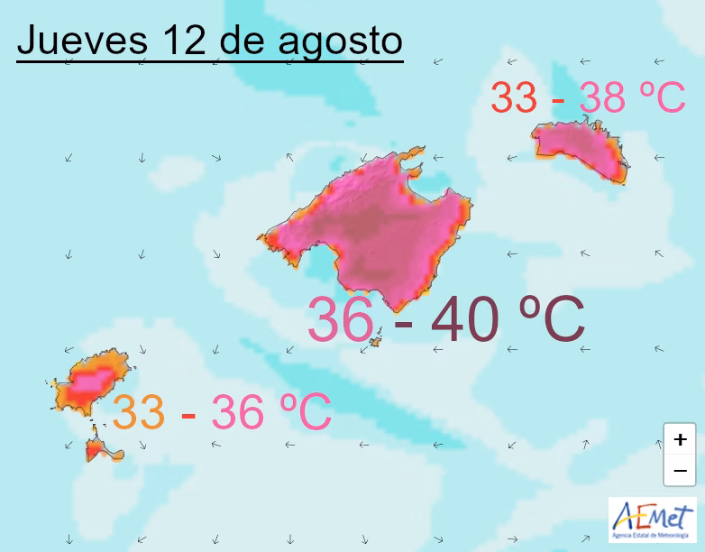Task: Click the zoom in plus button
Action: (x=679, y=439)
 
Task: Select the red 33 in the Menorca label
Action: (x=515, y=97)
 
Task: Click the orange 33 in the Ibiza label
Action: (x=139, y=412)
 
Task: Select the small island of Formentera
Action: (x=99, y=448)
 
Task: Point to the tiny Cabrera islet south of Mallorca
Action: (x=376, y=341)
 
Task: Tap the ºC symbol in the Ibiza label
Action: (x=302, y=412)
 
